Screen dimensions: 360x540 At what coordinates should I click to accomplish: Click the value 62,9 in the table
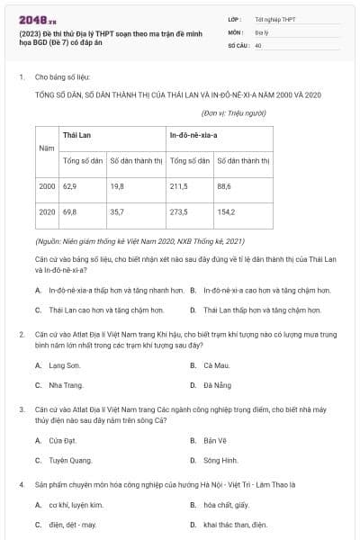pyautogui.click(x=69, y=185)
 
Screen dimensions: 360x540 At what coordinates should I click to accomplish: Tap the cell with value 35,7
pyautogui.click(x=117, y=211)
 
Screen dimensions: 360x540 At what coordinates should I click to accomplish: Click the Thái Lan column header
pyautogui.click(x=76, y=136)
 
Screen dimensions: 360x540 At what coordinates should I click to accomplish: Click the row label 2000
pyautogui.click(x=47, y=185)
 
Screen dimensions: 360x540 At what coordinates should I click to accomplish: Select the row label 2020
pyautogui.click(x=47, y=211)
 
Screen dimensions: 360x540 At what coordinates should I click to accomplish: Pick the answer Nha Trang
pyautogui.click(x=59, y=385)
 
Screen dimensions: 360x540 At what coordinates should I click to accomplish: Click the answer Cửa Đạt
pyautogui.click(x=58, y=440)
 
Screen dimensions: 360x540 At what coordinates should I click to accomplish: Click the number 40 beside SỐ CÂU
pyautogui.click(x=258, y=44)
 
